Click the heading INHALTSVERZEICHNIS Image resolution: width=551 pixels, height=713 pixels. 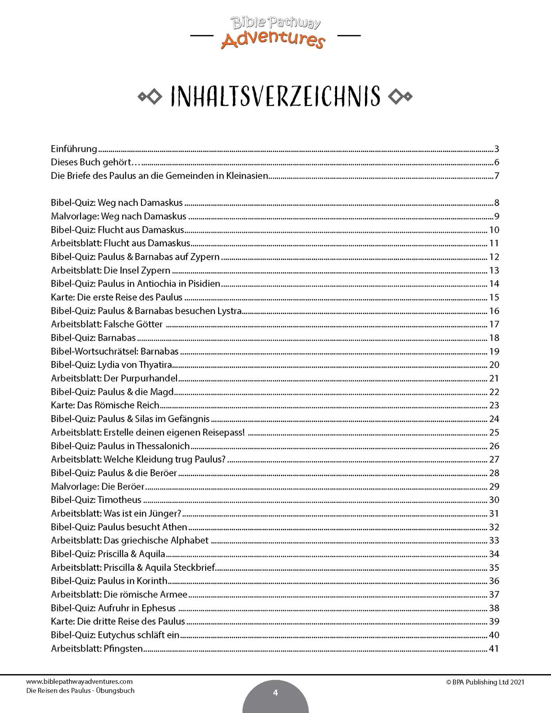(275, 96)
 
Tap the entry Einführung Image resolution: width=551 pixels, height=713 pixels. (74, 149)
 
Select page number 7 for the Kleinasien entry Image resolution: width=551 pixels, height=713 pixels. (496, 176)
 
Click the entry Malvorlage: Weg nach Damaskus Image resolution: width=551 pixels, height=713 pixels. (119, 216)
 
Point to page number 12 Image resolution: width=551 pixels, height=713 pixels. (494, 257)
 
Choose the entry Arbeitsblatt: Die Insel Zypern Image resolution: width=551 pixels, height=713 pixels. (111, 270)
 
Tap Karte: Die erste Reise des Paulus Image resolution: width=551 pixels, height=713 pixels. (117, 297)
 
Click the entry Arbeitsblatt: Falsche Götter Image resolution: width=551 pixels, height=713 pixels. (107, 324)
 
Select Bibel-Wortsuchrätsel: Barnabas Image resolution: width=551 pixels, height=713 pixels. (115, 351)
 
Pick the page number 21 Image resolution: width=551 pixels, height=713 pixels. (494, 378)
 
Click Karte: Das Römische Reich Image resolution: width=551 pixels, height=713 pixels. (105, 405)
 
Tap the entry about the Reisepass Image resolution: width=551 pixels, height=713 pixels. (148, 432)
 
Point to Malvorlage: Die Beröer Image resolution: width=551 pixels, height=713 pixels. (98, 486)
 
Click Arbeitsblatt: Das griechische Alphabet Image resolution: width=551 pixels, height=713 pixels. (130, 540)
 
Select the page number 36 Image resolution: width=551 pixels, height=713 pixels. (494, 581)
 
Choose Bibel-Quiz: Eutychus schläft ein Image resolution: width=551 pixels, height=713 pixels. (115, 635)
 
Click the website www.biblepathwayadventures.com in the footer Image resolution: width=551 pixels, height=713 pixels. (79, 681)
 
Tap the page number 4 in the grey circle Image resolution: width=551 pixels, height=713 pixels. (275, 692)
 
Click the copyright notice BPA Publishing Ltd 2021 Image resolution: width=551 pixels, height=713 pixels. (485, 682)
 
